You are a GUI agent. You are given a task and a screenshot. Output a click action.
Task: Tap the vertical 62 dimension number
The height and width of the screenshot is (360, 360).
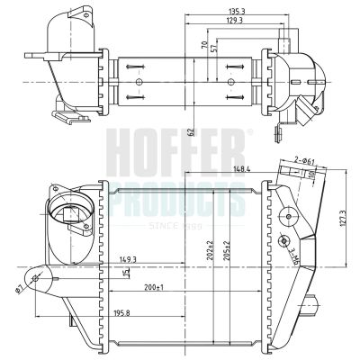(x=191, y=132)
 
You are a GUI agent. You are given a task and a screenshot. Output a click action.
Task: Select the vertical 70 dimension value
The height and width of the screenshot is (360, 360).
(x=204, y=43)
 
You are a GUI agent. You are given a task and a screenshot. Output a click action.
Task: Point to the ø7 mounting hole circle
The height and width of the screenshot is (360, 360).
(x=37, y=279)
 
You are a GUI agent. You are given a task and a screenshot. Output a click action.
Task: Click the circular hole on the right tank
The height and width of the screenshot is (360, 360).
(x=290, y=217)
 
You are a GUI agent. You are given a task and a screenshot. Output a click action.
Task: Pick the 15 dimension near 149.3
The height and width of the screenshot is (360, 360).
(x=127, y=273)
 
